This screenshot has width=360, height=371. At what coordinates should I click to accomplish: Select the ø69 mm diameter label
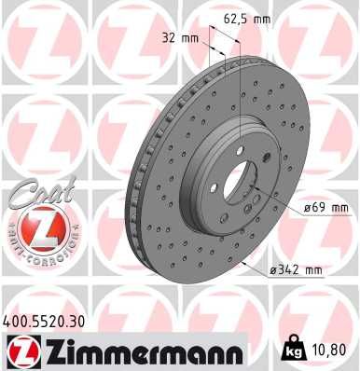[325, 207]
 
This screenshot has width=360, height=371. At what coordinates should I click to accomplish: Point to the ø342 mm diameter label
[296, 270]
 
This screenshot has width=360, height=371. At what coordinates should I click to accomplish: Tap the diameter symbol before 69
[307, 207]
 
